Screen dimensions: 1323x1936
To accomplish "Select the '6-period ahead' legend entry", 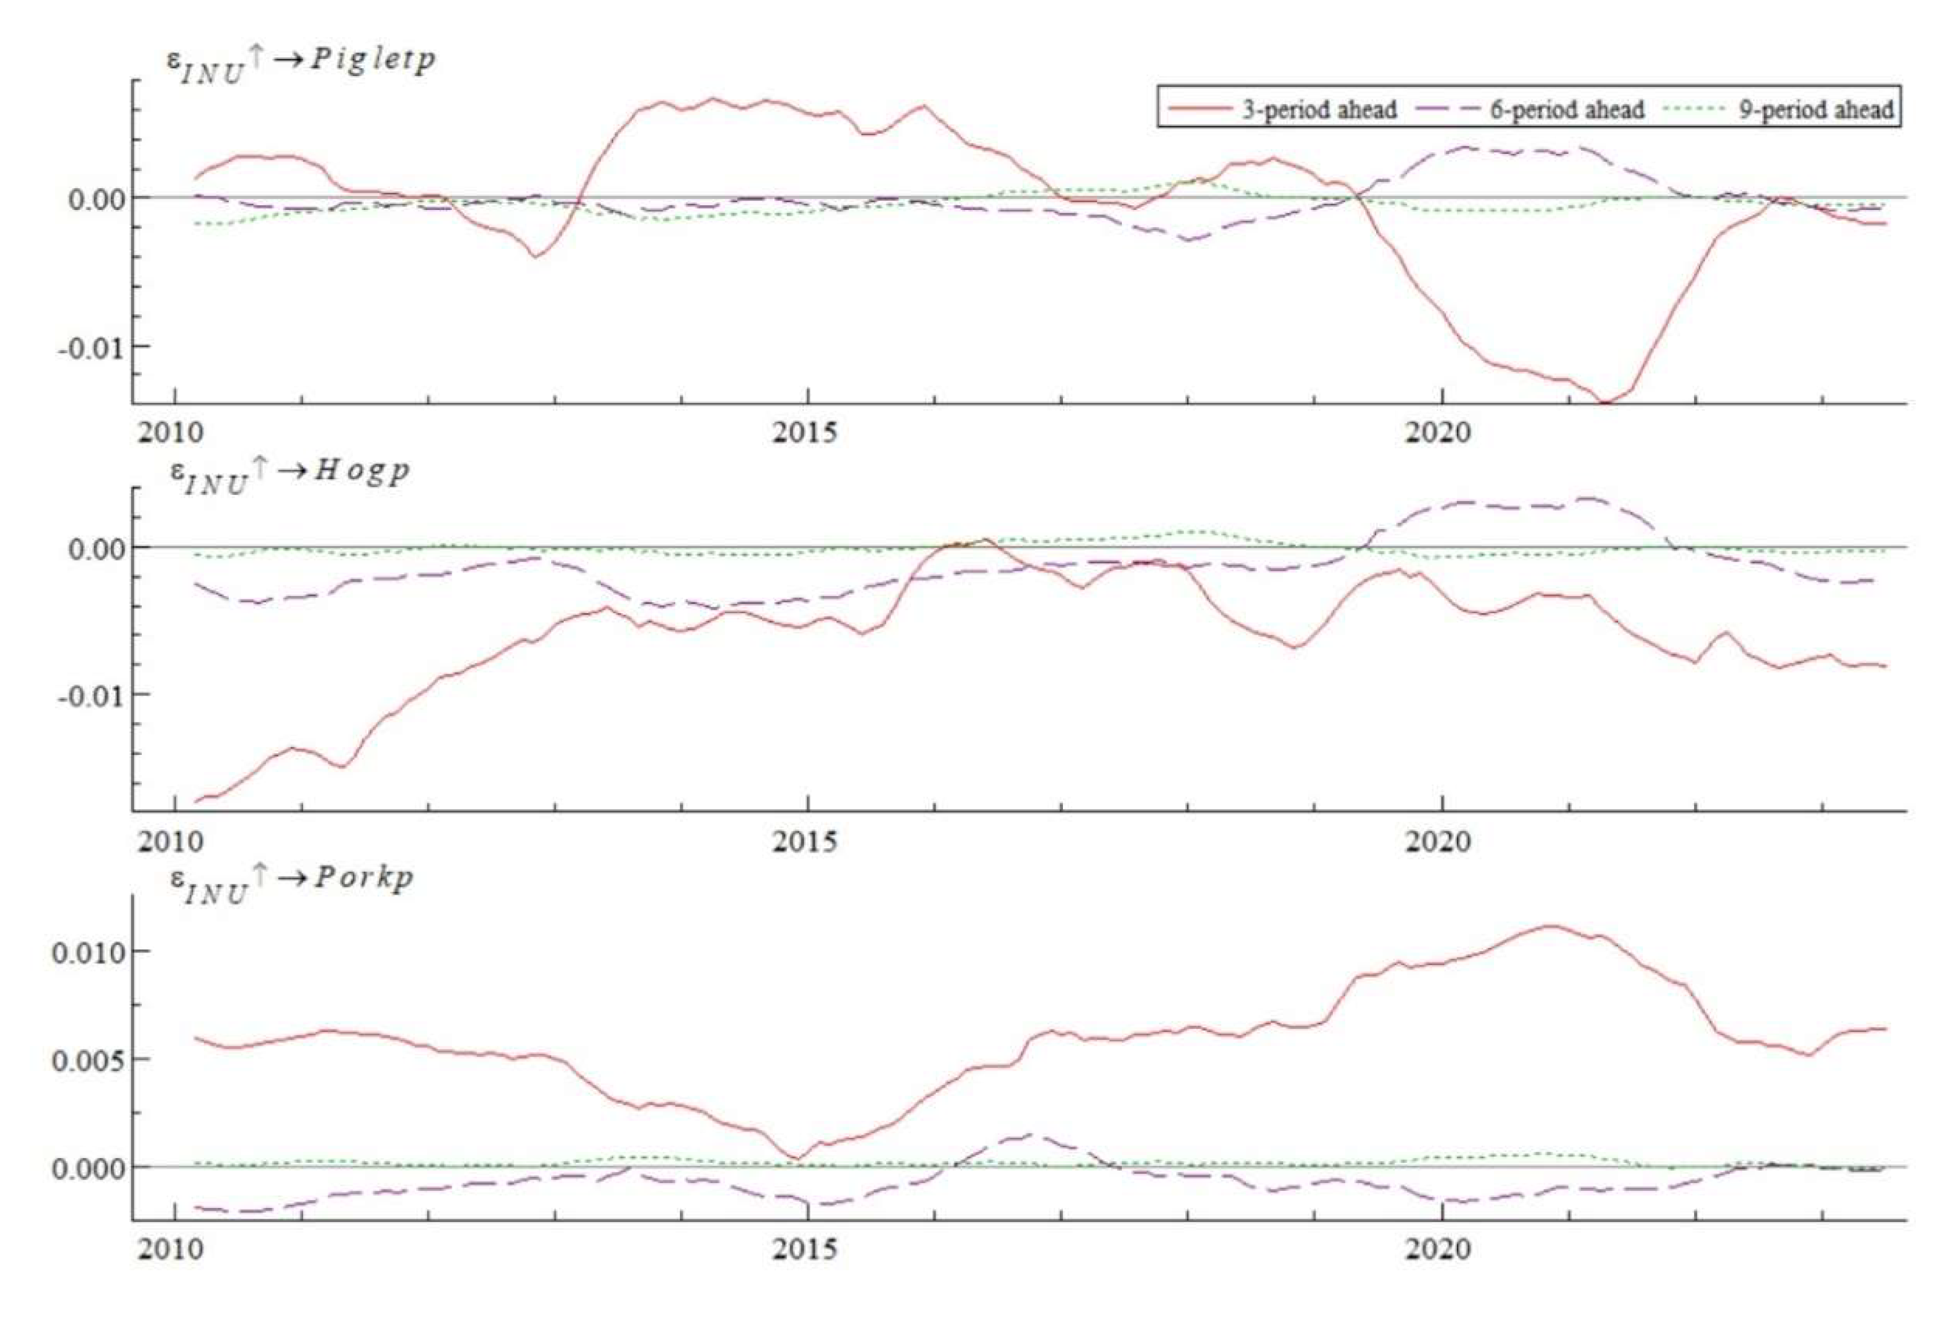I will click(1566, 109).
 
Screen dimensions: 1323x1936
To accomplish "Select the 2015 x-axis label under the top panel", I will click(804, 432).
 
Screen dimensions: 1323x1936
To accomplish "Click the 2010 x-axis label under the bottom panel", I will click(170, 1250).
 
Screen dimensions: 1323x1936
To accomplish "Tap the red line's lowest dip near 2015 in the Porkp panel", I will click(795, 1158).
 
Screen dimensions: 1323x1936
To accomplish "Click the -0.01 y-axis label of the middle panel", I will click(91, 696).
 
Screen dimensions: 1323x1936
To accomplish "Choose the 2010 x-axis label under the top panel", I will click(170, 432).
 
